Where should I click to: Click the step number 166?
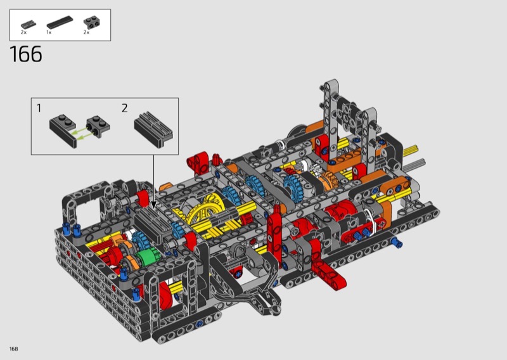26,54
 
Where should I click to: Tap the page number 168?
13,349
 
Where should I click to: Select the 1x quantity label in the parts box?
49,32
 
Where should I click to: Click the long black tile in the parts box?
60,23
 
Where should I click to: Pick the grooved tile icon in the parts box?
29,24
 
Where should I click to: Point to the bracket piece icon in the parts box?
91,22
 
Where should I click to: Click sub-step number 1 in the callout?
39,108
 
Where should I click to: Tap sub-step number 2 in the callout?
125,108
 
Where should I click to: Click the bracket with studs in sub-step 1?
98,127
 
